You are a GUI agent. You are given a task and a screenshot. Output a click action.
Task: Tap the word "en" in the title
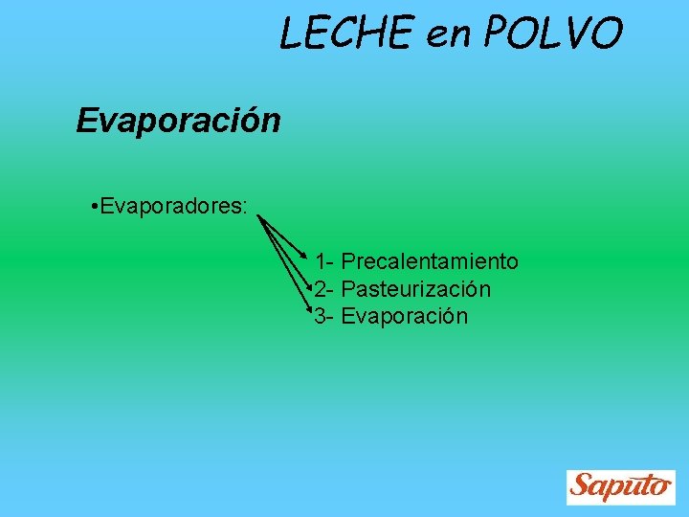(450, 35)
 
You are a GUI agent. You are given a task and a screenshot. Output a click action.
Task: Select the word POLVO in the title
(553, 34)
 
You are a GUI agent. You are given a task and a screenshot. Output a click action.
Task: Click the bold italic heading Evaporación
(178, 121)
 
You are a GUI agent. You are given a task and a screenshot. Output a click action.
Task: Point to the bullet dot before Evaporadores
(87, 207)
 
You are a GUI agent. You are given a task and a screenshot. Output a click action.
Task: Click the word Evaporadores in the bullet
(169, 207)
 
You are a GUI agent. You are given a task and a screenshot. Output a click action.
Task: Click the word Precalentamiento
(430, 261)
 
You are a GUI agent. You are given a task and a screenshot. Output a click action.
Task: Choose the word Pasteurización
(416, 289)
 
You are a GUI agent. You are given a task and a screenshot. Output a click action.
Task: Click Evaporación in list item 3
(404, 317)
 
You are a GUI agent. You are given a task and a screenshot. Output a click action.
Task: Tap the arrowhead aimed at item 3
(309, 311)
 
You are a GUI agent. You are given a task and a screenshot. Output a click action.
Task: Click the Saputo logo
(620, 486)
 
